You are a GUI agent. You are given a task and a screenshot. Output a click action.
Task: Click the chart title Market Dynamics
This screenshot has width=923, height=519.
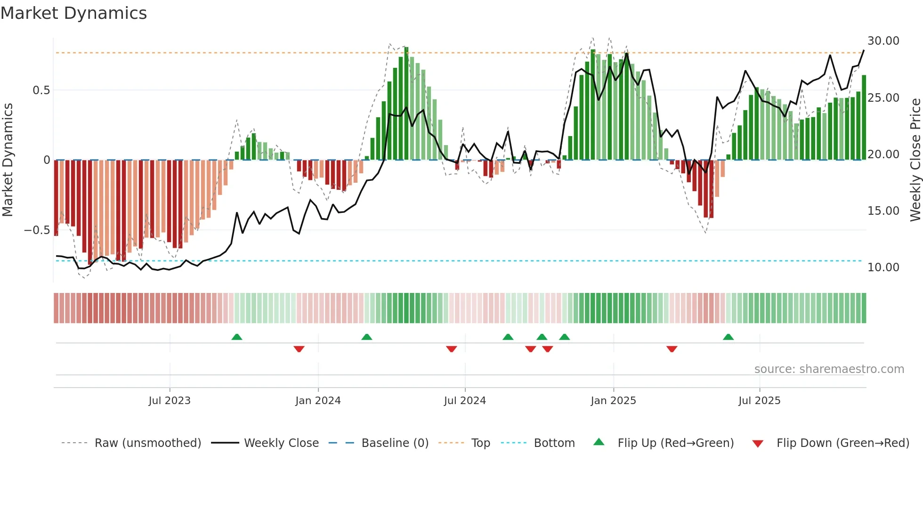[x=73, y=13]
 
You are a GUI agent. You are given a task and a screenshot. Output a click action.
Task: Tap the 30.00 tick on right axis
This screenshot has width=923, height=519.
[x=883, y=41]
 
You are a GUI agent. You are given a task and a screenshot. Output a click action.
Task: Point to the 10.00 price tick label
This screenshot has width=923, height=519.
[x=883, y=268]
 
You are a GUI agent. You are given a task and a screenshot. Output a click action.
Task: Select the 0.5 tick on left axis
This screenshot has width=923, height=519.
[x=41, y=90]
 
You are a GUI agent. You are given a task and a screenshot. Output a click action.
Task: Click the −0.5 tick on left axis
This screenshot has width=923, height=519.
[x=37, y=230]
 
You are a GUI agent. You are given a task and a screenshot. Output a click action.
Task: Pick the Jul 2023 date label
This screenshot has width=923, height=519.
[x=170, y=401]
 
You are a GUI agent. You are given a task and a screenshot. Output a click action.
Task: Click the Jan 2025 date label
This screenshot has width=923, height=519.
[x=613, y=401]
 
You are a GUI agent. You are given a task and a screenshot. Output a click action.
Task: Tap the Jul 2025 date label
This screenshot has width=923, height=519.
[x=759, y=401]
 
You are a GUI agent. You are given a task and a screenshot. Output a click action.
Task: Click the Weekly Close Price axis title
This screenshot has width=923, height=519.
[x=915, y=160]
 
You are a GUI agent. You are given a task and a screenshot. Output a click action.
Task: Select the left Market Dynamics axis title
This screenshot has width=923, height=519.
[x=8, y=160]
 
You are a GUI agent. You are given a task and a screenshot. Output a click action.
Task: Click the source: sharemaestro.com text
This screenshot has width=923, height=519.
[x=829, y=369]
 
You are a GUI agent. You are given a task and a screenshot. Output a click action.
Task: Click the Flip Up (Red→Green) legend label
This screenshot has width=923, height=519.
[x=675, y=443]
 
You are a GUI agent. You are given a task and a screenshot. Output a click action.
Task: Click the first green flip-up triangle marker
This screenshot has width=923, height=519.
[x=237, y=337]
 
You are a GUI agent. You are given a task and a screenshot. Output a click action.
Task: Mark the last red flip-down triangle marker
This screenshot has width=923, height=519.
[x=672, y=349]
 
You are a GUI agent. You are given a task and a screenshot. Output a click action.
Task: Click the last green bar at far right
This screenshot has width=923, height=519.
[x=864, y=118]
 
